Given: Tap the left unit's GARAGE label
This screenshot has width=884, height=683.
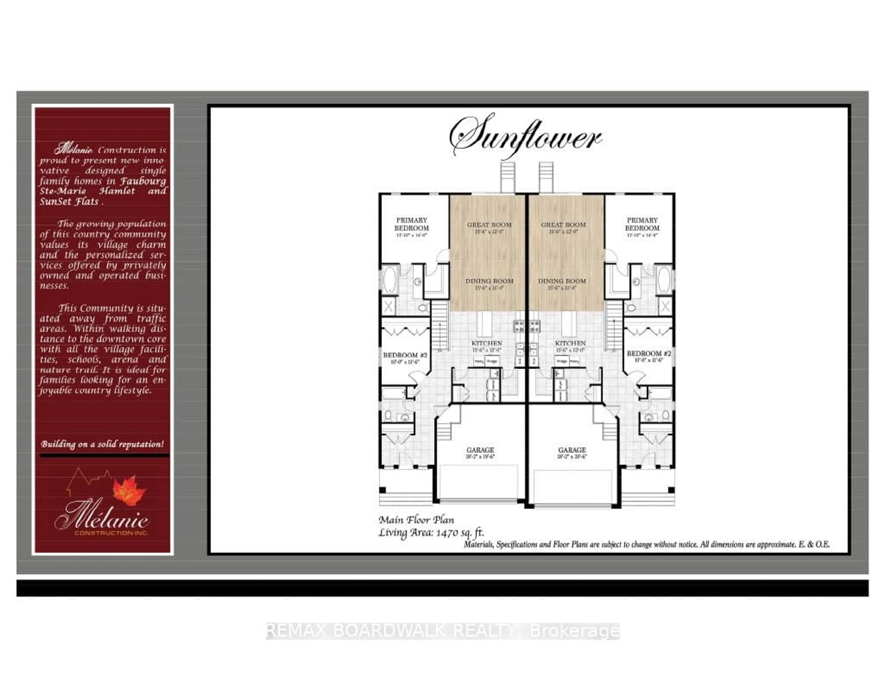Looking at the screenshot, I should (x=480, y=450).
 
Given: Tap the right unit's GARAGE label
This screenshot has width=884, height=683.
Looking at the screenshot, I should (x=572, y=450).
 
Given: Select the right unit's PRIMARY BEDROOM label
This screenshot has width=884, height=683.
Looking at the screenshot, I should (x=642, y=224).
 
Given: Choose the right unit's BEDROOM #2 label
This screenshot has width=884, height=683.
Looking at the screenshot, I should (x=648, y=353).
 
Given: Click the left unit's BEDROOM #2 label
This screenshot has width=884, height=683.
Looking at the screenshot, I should (x=405, y=355).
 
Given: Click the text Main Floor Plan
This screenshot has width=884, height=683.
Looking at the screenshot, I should (x=416, y=520).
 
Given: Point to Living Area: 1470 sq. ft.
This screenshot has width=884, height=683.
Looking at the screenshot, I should (x=431, y=533).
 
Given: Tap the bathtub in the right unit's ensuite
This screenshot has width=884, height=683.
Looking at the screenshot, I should (x=664, y=279).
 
